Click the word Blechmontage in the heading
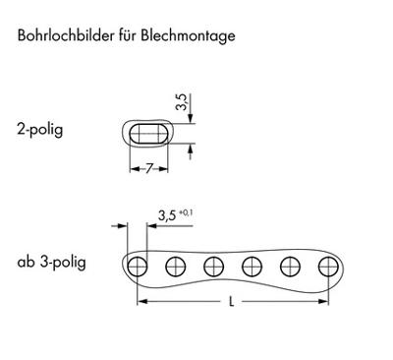[x=189, y=36]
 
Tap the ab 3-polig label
[x=51, y=263]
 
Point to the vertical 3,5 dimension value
[x=181, y=102]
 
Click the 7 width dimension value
[x=148, y=169]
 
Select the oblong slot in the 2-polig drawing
[x=148, y=134]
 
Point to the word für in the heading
[x=121, y=36]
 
